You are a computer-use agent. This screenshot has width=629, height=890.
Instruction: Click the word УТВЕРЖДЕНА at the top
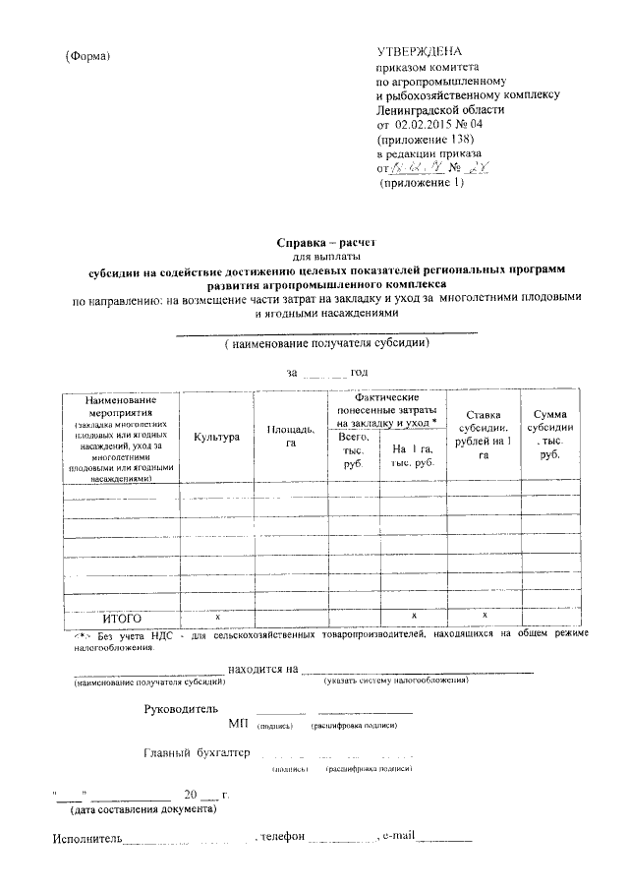(420, 51)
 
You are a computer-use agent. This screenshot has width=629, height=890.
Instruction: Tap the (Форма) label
(87, 55)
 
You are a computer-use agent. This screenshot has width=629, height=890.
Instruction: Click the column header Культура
(217, 437)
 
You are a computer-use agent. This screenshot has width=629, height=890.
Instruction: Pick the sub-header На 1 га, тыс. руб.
(412, 455)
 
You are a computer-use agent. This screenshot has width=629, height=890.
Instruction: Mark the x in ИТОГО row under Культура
(217, 615)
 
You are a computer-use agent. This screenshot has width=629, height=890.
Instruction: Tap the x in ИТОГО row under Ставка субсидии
(485, 615)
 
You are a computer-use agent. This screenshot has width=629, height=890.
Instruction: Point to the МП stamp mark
(238, 724)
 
